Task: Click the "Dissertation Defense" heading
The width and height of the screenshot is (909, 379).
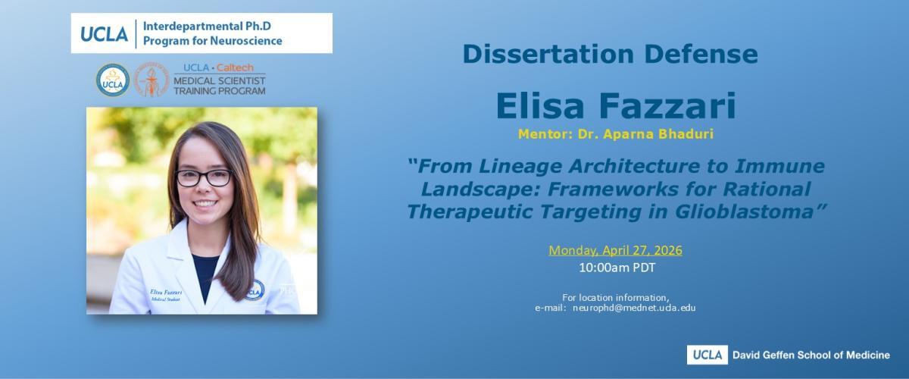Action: (610, 55)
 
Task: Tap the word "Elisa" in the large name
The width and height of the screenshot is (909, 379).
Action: (540, 105)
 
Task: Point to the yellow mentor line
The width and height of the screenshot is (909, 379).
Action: (616, 133)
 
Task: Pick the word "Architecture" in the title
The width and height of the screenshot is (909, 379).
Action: (634, 166)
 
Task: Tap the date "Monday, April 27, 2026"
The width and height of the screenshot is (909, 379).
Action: (616, 250)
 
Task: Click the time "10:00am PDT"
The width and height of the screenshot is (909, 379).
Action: (617, 268)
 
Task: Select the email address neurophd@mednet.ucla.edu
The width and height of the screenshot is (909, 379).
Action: (634, 308)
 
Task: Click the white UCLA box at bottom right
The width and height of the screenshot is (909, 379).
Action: (708, 355)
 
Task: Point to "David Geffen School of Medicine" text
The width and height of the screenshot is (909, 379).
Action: (811, 356)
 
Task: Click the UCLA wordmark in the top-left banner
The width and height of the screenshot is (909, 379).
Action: (105, 33)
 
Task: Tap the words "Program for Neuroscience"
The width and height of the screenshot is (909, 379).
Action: (213, 41)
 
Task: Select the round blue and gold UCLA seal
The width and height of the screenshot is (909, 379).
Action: (113, 80)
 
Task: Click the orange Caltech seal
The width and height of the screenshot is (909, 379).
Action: (151, 80)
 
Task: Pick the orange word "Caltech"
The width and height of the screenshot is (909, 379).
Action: (235, 67)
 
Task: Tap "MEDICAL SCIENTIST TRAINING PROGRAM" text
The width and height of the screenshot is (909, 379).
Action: (220, 86)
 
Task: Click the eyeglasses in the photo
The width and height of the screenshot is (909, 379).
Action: (204, 178)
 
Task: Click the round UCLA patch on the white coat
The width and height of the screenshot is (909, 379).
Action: (255, 290)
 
